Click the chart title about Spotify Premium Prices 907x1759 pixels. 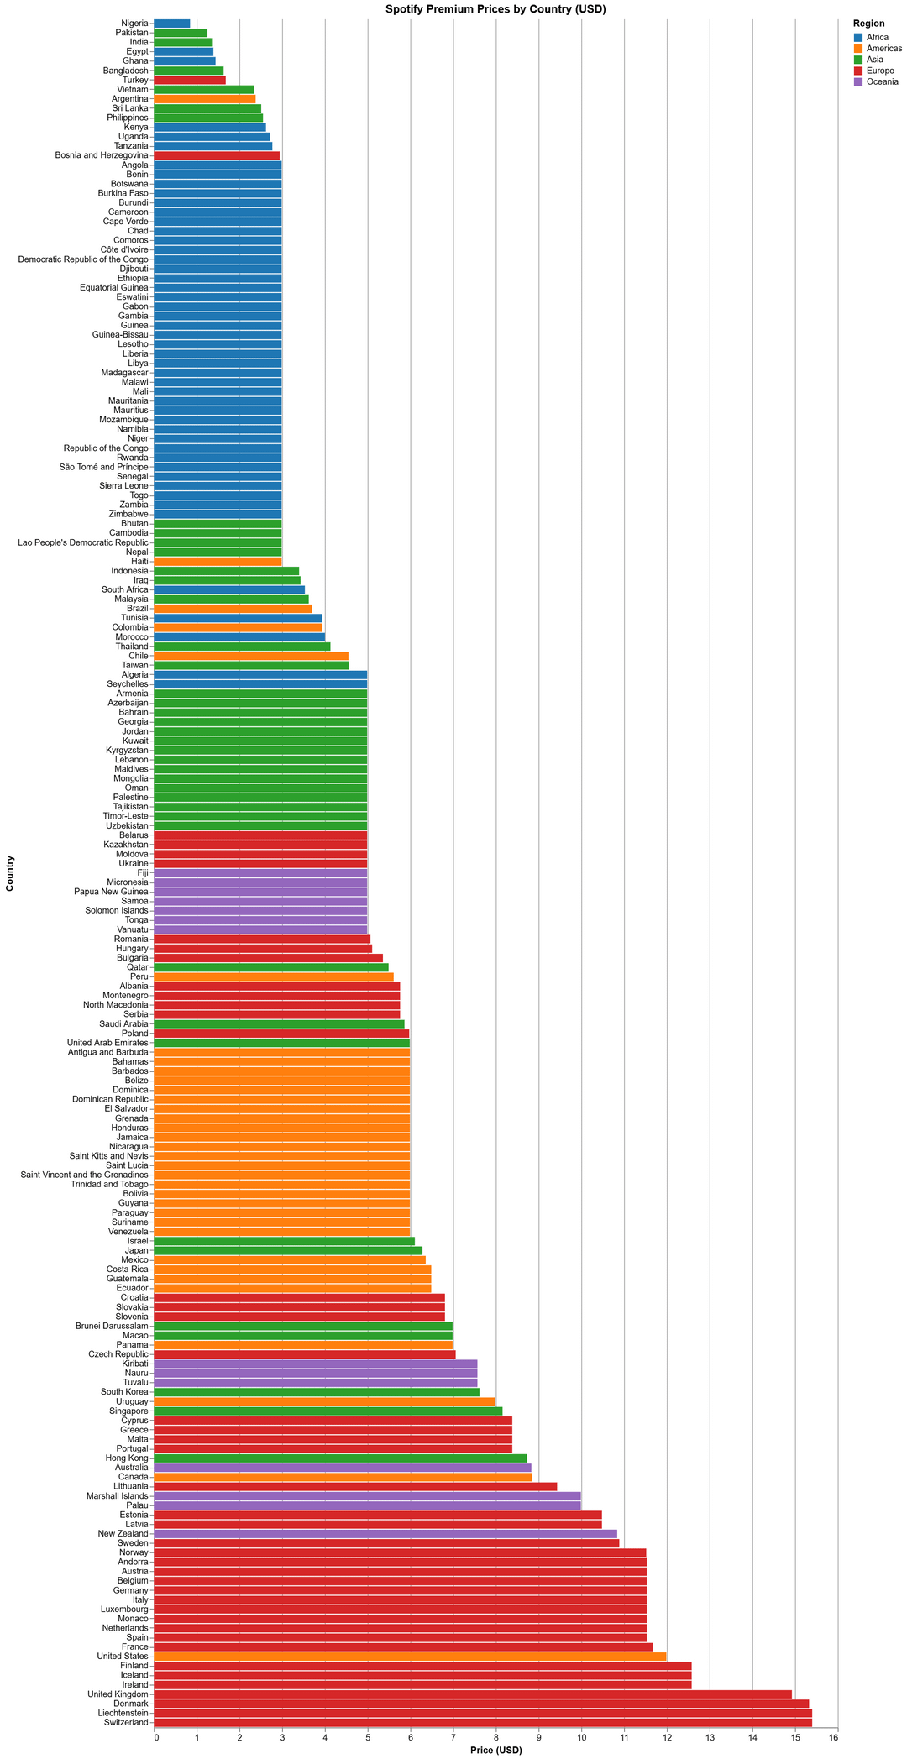(x=495, y=9)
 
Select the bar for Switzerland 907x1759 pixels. (x=483, y=1722)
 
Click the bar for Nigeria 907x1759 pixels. (x=172, y=23)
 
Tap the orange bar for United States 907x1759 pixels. (x=410, y=1656)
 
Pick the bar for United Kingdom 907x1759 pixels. (x=473, y=1694)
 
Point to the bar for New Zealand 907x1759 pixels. (x=385, y=1533)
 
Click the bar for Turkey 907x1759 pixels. (x=190, y=80)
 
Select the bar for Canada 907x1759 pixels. (x=343, y=1476)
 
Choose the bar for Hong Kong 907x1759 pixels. (x=340, y=1458)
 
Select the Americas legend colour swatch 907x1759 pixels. (x=857, y=49)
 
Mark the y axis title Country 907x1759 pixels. (x=9, y=873)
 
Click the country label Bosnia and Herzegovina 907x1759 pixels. (x=102, y=155)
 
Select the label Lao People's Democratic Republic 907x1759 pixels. (x=82, y=542)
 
